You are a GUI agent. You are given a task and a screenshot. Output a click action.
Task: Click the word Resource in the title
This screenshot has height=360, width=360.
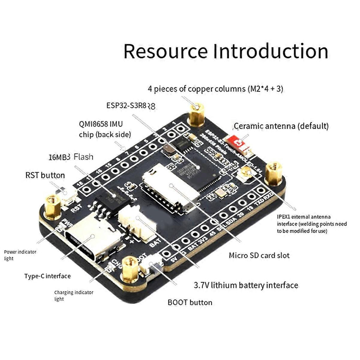pyautogui.click(x=165, y=51)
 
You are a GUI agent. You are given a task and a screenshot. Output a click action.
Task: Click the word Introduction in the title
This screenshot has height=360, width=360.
pyautogui.click(x=270, y=51)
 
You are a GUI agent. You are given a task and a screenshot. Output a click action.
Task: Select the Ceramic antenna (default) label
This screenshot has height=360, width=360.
pyautogui.click(x=281, y=126)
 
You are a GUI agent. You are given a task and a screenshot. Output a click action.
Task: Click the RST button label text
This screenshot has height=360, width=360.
pyautogui.click(x=45, y=175)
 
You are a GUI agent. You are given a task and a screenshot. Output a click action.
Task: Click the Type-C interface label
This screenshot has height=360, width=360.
pyautogui.click(x=47, y=276)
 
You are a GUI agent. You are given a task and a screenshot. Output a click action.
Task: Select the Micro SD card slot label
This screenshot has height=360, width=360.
pyautogui.click(x=259, y=255)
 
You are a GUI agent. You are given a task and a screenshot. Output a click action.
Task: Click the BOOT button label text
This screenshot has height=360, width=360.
pyautogui.click(x=190, y=302)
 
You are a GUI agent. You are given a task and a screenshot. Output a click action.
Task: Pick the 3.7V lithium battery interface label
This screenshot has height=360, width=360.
pyautogui.click(x=246, y=285)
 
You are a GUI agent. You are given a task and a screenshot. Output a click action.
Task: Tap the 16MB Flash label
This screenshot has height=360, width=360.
pyautogui.click(x=71, y=156)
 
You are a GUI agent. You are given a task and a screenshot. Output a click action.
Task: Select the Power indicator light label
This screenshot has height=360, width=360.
pyautogui.click(x=20, y=255)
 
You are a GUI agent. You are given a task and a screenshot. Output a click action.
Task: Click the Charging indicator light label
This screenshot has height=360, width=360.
pyautogui.click(x=73, y=295)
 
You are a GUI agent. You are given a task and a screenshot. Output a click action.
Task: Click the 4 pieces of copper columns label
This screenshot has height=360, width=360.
pyautogui.click(x=215, y=89)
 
